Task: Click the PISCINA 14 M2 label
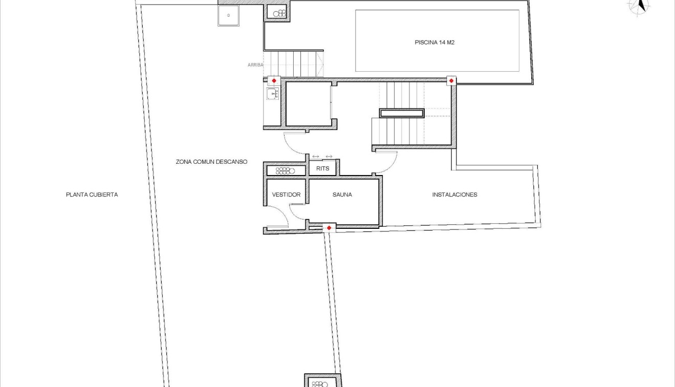(x=434, y=42)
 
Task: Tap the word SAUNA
(x=342, y=195)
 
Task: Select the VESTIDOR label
(x=286, y=195)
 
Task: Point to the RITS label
(x=322, y=168)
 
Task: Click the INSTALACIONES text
(x=454, y=195)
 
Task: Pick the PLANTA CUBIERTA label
(x=92, y=195)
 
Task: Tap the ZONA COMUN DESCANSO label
(x=211, y=162)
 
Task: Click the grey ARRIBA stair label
(x=255, y=65)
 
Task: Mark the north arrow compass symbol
(x=639, y=6)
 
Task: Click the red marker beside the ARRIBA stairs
(x=274, y=81)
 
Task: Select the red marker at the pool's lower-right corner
(x=451, y=81)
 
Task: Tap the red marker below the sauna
(x=329, y=228)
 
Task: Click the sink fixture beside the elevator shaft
(x=272, y=94)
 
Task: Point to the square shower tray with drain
(x=229, y=15)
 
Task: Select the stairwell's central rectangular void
(x=401, y=113)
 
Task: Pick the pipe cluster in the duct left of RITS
(x=285, y=170)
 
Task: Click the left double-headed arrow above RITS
(x=316, y=156)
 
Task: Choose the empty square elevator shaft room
(x=308, y=104)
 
